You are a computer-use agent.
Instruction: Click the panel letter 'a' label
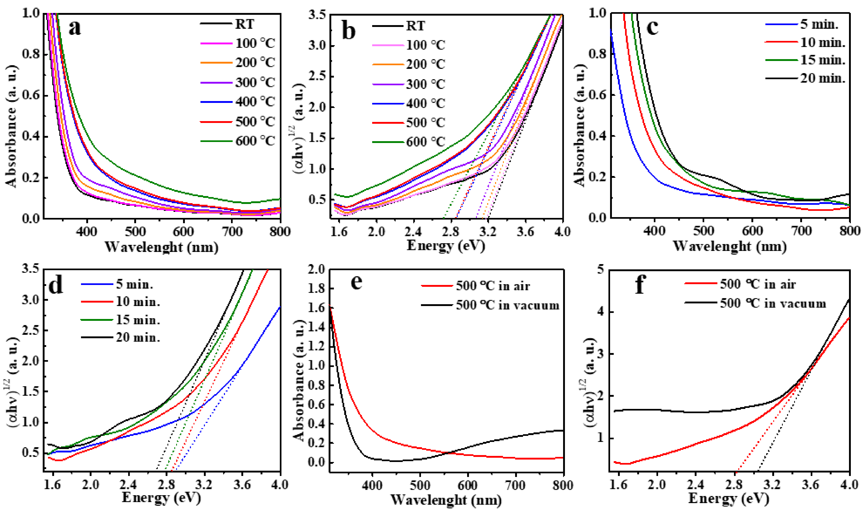tap(75, 28)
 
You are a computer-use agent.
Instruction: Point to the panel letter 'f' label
tap(640, 285)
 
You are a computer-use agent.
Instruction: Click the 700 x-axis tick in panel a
tap(232, 231)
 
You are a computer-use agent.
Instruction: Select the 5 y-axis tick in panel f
tap(601, 269)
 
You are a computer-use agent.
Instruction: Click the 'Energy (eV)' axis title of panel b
tap(446, 246)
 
